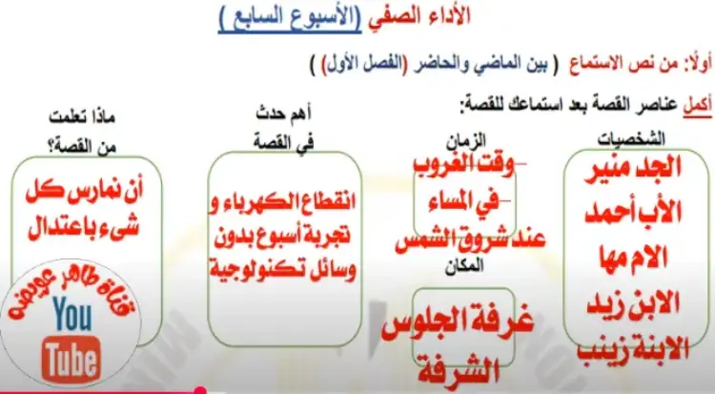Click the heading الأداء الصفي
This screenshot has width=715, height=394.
pos(419,16)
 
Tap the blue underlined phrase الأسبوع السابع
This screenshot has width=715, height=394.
pos(290,18)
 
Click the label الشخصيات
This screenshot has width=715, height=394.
pos(631,138)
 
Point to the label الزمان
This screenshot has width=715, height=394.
pos(465,139)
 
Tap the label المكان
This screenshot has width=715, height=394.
pos(464,266)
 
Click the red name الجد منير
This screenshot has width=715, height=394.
pos(633,168)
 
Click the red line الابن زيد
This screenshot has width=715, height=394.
pos(633,302)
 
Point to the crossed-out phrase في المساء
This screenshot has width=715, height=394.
pos(462,202)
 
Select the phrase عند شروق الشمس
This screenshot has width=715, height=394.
pos(470,240)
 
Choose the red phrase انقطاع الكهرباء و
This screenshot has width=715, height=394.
pos(282,202)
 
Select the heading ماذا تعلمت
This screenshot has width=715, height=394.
pos(82,117)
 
